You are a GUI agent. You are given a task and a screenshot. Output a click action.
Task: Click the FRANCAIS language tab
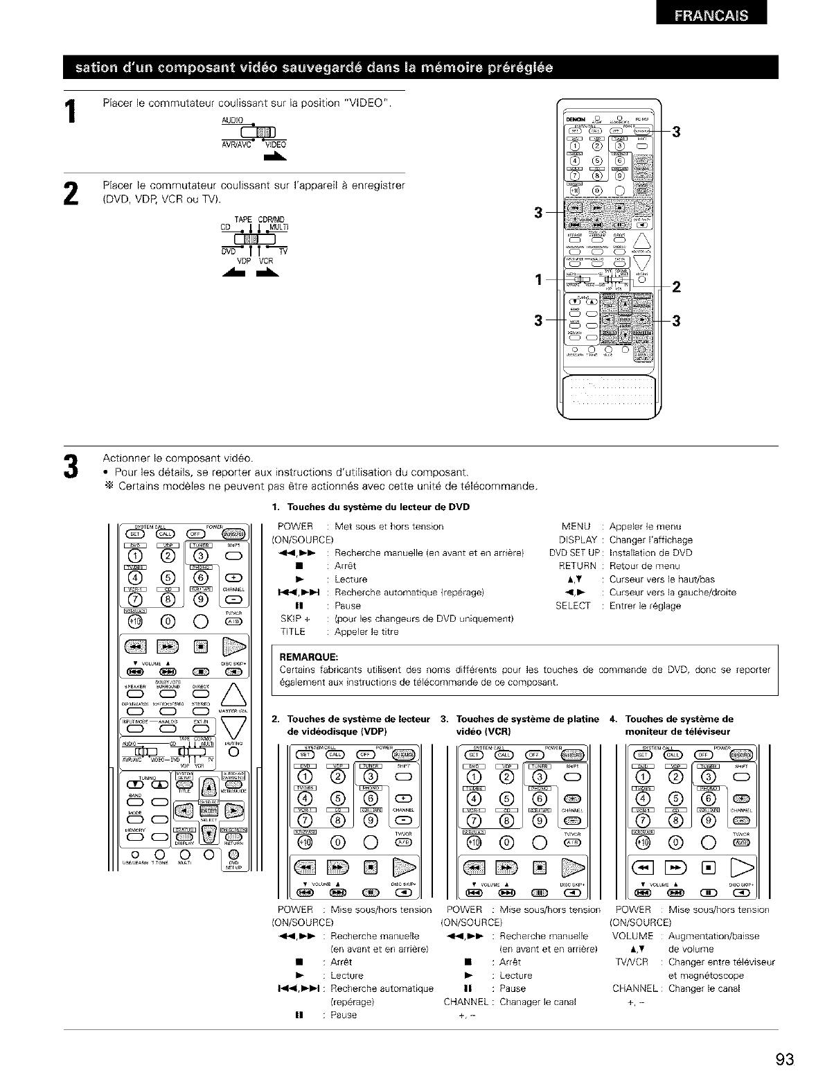pyautogui.click(x=711, y=17)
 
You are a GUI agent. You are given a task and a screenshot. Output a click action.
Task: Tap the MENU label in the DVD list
pyautogui.click(x=577, y=526)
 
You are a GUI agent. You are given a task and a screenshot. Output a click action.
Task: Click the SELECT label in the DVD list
pyautogui.click(x=573, y=605)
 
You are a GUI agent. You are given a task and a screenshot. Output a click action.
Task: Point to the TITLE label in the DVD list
pyautogui.click(x=292, y=631)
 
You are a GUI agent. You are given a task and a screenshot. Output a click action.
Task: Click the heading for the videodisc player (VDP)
pyautogui.click(x=351, y=724)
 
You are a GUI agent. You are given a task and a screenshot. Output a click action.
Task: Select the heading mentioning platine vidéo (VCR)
pyautogui.click(x=527, y=724)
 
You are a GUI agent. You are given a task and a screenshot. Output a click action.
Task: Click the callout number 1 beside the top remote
pyautogui.click(x=538, y=280)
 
